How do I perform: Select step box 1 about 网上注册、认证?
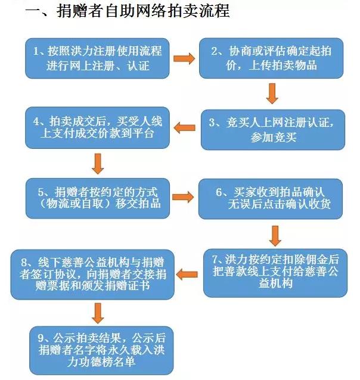[x=97, y=58]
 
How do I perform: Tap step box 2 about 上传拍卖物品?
[x=271, y=58]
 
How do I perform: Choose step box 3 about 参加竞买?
[x=273, y=130]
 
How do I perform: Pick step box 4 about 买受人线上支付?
[x=97, y=127]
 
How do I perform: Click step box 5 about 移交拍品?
[x=98, y=198]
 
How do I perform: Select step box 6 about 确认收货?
[x=271, y=199]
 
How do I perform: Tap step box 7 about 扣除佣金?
[x=275, y=273]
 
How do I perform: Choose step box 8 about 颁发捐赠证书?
[x=92, y=275]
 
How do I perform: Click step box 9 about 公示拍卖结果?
[x=101, y=350]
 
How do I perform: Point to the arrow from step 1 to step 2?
[x=184, y=58]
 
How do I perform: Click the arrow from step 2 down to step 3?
[x=272, y=94]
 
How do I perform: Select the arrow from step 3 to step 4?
[x=184, y=127]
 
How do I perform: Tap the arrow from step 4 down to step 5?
[x=98, y=164]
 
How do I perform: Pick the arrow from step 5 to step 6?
[x=183, y=197]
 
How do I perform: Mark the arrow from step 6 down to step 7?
[x=275, y=236]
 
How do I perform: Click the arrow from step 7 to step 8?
[x=187, y=275]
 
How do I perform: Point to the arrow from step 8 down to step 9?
[x=98, y=313]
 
